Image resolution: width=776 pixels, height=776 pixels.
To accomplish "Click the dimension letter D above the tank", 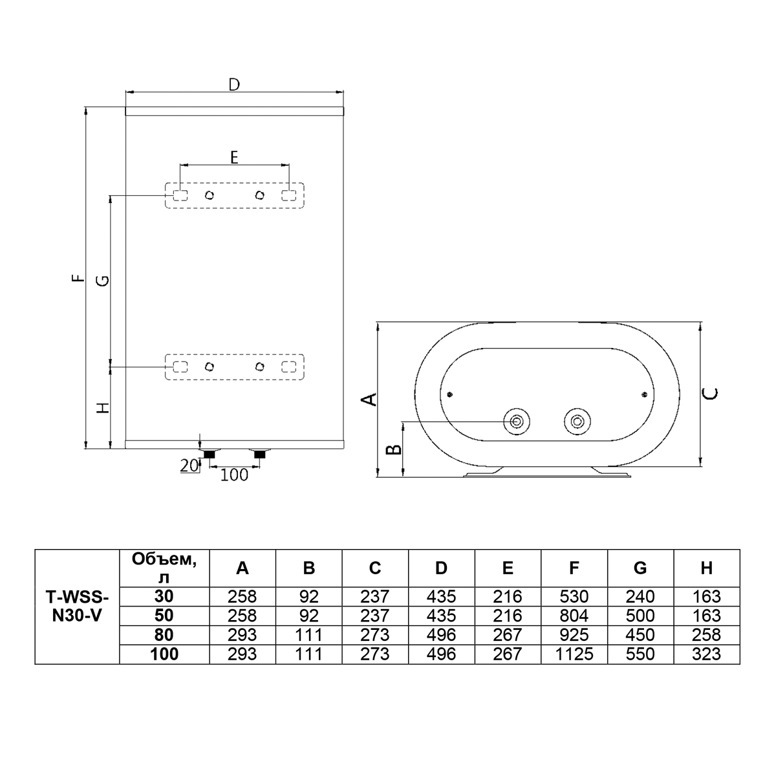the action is [234, 85].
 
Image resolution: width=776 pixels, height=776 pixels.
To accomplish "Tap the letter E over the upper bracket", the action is [234, 157].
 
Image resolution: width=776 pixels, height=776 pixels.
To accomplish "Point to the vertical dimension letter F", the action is [81, 278].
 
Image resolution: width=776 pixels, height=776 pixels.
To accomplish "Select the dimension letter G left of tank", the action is [104, 281].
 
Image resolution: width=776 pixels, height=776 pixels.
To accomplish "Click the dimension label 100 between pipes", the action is [234, 475].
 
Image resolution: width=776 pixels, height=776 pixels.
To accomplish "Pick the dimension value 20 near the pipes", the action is [189, 466].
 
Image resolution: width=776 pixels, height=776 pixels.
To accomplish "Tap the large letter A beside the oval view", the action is [369, 399].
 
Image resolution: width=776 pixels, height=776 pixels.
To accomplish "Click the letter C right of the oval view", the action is [711, 393].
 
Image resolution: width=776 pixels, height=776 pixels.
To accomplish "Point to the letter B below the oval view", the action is [393, 449].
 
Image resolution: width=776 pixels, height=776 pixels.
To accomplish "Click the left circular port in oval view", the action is [516, 422].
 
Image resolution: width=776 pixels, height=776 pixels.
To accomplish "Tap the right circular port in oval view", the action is [577, 422].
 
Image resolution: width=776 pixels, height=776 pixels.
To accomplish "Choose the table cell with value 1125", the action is [574, 654].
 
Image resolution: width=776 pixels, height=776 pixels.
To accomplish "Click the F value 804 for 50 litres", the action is [574, 616].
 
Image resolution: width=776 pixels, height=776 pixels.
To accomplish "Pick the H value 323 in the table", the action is [707, 654].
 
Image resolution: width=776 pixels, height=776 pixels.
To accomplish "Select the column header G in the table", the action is [640, 568].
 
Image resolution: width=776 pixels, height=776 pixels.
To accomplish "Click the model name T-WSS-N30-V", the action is [77, 606].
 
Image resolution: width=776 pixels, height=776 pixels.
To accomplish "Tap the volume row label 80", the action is [164, 635].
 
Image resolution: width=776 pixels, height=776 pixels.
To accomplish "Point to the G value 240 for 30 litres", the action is [640, 596].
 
